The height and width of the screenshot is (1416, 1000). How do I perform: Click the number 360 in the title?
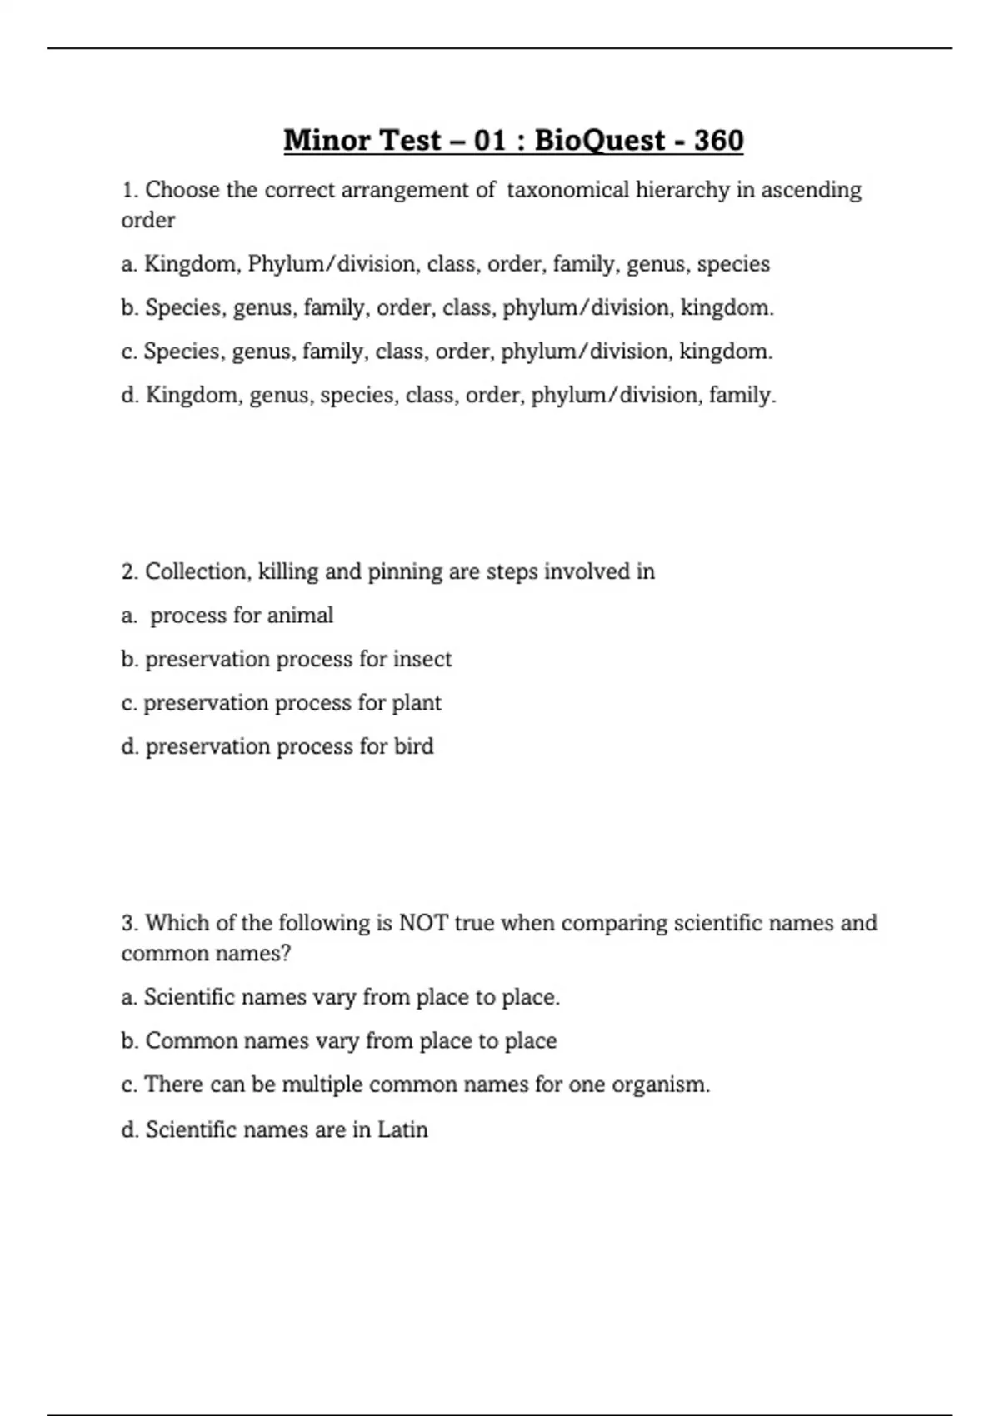[718, 140]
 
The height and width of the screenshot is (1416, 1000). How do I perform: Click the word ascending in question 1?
[811, 190]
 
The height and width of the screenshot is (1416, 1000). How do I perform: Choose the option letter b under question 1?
[128, 307]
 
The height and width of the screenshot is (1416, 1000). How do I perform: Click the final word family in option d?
[742, 395]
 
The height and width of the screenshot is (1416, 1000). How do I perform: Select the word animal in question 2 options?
[300, 616]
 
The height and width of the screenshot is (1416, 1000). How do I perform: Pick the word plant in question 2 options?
[417, 703]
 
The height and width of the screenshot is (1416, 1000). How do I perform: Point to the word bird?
[414, 746]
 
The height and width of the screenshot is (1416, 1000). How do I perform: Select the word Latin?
[402, 1129]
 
